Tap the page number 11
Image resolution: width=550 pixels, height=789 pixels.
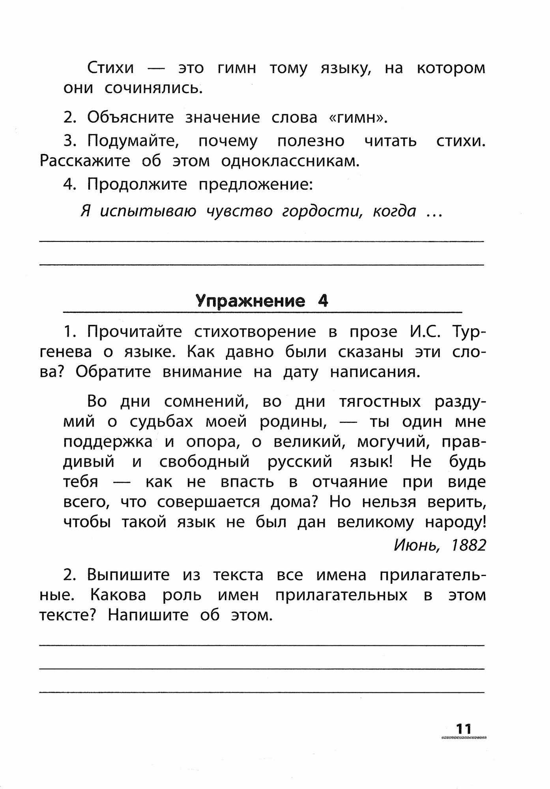tap(463, 729)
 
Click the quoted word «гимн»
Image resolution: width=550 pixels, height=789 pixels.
tap(358, 118)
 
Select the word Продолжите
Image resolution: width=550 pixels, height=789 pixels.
tap(137, 184)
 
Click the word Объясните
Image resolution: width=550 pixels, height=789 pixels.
tap(130, 118)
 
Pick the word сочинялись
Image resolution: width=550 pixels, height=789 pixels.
tap(153, 88)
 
